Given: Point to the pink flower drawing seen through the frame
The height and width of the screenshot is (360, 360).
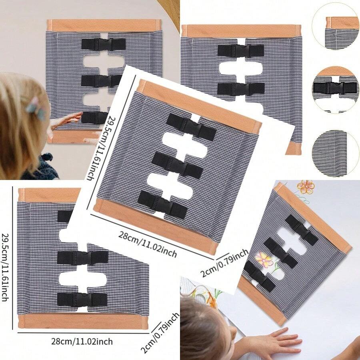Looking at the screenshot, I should coord(264,259).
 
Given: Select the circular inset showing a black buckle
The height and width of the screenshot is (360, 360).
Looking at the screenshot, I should coord(335,88).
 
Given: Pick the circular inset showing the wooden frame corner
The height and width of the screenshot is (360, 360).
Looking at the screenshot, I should coord(335,27).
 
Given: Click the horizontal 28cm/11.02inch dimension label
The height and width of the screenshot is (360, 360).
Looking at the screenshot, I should coord(82,342).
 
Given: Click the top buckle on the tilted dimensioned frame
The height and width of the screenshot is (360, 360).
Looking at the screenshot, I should coord(191,127).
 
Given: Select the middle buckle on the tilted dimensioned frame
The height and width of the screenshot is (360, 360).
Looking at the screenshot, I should coord(177,165).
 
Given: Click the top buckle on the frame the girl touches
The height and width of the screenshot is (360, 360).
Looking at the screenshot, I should coord(104,44).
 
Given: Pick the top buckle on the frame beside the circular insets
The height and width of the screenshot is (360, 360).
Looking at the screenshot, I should coord(240,50).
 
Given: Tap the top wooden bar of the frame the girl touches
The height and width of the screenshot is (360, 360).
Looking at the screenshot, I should coord(104,25).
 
